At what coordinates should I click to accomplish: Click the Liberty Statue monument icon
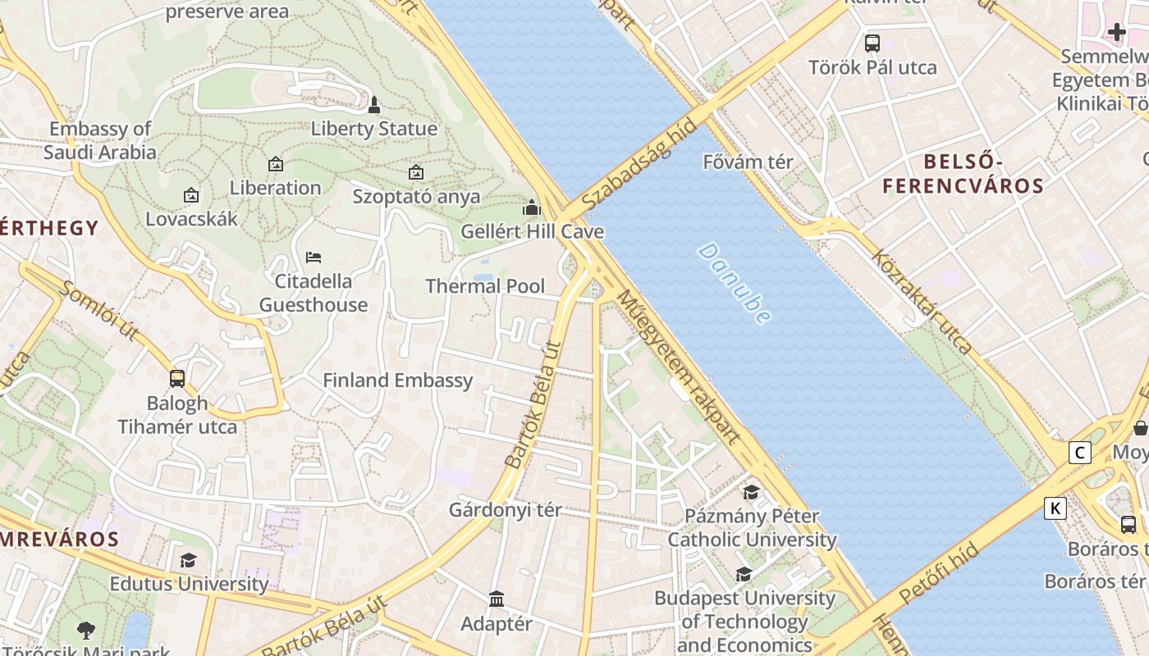tap(374, 105)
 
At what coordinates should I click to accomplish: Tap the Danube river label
tap(735, 283)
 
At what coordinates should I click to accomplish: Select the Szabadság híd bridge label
tap(640, 164)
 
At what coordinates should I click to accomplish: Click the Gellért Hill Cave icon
tap(532, 208)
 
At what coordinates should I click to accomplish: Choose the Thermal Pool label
tap(485, 286)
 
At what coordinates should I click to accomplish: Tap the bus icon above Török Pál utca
tap(872, 43)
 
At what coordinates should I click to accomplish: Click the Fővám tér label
tap(748, 162)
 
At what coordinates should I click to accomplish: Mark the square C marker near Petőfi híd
tap(1080, 453)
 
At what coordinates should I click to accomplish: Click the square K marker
tap(1055, 508)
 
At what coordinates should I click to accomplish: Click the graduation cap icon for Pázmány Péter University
tap(751, 492)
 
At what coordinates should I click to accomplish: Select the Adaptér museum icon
tap(497, 599)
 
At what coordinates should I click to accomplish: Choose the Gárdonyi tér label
tap(505, 510)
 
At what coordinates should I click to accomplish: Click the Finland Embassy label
tap(398, 380)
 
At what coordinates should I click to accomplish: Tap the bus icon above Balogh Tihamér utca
tap(177, 379)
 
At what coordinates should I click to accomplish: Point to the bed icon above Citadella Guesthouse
tap(314, 257)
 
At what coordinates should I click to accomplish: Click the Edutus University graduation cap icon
tap(189, 560)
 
